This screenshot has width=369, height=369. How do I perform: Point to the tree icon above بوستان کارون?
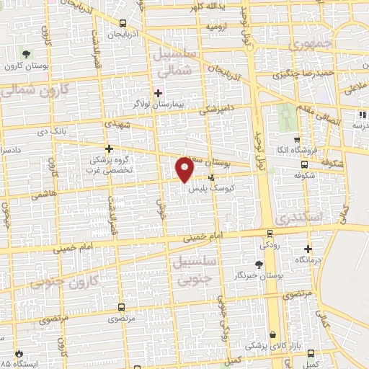point(27,54)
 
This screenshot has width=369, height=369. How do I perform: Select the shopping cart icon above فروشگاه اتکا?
point(296,139)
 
